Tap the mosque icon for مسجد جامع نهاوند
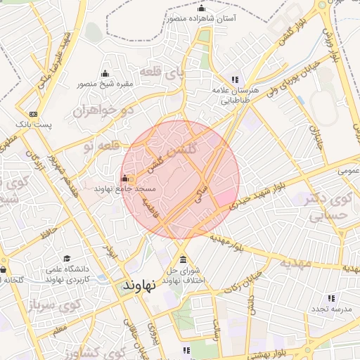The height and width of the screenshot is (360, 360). (125, 178)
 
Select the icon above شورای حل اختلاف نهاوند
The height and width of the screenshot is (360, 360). (184, 257)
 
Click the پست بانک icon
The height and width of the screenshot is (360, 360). (33, 114)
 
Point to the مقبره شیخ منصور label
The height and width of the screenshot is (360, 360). (105, 84)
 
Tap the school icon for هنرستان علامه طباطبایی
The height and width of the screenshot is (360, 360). (235, 80)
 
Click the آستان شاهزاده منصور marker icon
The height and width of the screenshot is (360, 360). (202, 8)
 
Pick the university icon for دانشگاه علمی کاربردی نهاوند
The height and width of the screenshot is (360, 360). (67, 259)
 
